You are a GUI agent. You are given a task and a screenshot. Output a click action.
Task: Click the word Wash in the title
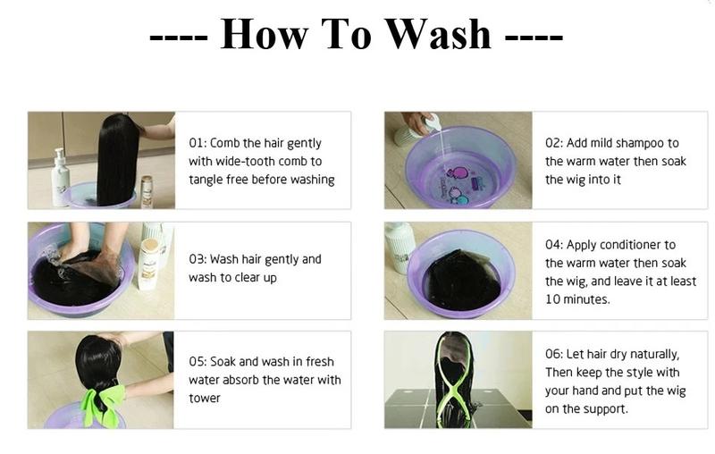pos(439,34)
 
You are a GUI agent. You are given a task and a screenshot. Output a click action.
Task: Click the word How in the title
pos(265,34)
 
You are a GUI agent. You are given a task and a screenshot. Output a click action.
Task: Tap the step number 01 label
pos(197,143)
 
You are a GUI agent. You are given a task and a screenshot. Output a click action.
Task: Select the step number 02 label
pos(553,143)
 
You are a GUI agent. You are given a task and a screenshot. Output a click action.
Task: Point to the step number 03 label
pos(197,259)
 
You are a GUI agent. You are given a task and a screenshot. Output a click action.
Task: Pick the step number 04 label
pos(553,245)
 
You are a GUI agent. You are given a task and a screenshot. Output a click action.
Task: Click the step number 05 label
pos(198,362)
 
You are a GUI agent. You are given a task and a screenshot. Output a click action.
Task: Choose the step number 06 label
pos(553,354)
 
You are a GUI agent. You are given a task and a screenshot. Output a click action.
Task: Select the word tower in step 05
pos(205,399)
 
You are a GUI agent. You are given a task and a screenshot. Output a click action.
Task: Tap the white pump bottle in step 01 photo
pos(60,178)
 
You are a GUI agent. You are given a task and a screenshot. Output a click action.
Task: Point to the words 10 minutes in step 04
pos(576,299)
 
